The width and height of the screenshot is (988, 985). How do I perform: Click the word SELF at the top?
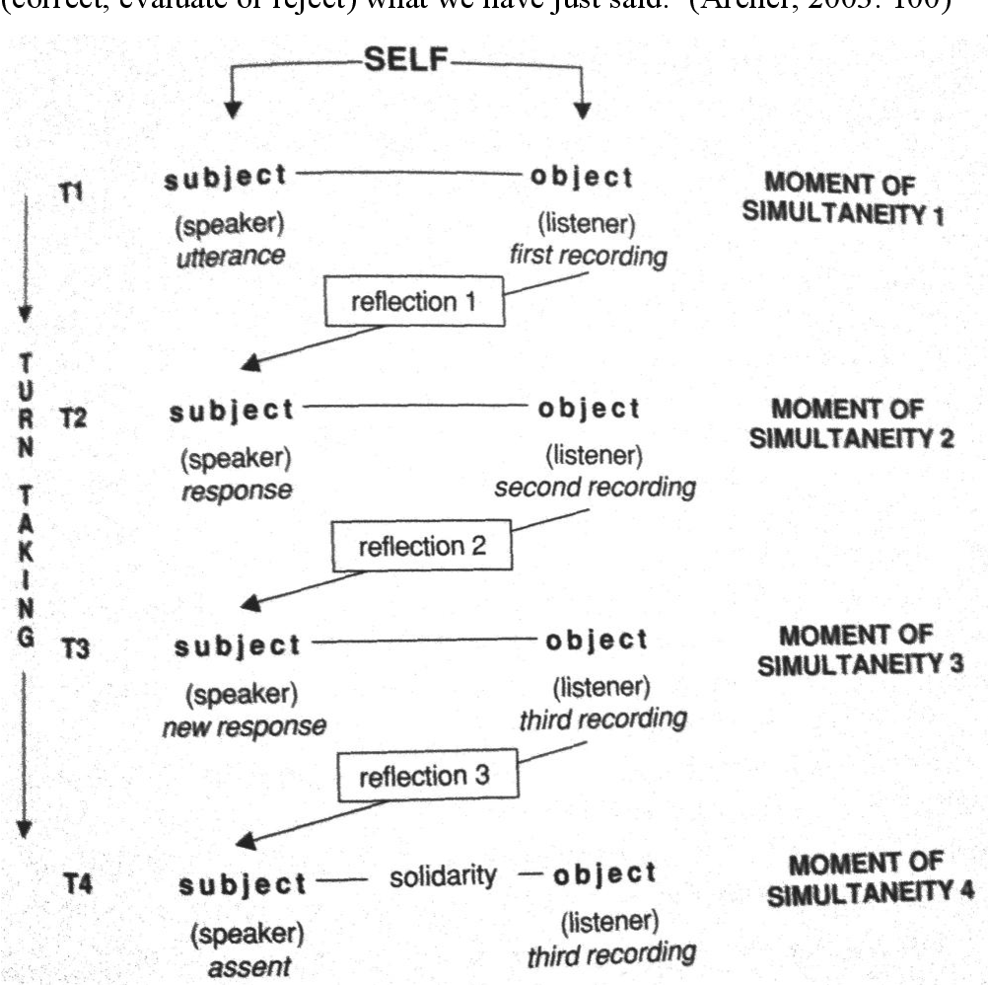coord(405,64)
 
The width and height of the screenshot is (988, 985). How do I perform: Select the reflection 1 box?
coord(414,301)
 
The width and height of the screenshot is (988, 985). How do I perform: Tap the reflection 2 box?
coord(422,546)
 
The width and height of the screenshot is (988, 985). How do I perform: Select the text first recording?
coord(588,256)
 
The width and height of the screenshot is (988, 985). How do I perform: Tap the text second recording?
coord(595,487)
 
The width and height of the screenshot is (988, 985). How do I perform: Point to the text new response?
coord(245,726)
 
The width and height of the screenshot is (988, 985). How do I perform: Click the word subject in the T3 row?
coord(238,646)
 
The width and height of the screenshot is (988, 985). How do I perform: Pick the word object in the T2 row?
coord(590,408)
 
